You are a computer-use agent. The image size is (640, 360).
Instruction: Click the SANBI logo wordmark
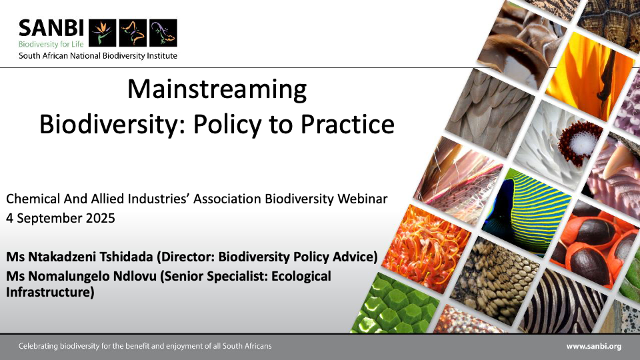point(51,29)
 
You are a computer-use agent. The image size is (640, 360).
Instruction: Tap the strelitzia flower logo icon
point(103,33)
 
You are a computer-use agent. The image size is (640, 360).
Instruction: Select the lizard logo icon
point(163,33)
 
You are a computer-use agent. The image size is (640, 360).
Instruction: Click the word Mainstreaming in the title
point(217,89)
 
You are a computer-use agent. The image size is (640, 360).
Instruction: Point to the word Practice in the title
point(347,124)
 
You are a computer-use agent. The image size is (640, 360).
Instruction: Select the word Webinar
point(363,199)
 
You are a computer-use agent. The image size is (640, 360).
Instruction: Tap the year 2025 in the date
point(100,218)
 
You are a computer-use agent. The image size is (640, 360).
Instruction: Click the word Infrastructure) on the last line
point(50,292)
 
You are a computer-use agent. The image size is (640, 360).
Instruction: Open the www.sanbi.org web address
point(594,347)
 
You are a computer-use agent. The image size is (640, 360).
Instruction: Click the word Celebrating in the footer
point(39,346)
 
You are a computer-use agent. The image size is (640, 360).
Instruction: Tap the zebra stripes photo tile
point(563,303)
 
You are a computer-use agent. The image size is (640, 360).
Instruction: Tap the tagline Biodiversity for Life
point(51,44)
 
